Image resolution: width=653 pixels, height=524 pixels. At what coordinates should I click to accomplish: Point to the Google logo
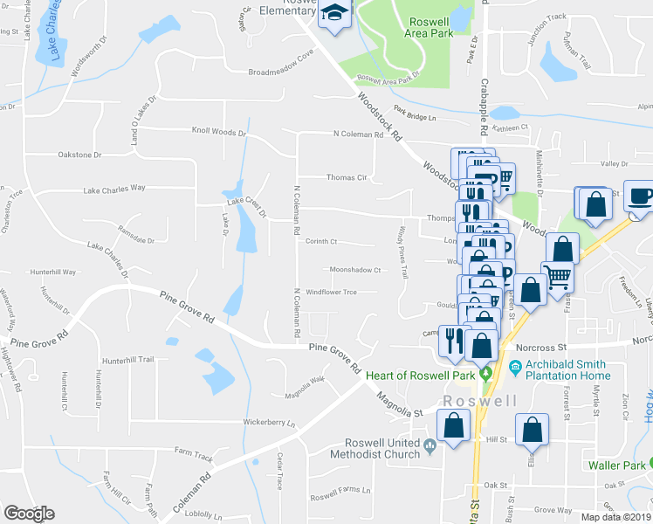pos(29,514)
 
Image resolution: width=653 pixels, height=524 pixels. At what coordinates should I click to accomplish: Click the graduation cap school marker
pos(335,14)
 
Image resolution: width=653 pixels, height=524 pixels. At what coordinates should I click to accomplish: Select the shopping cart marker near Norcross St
pos(557,277)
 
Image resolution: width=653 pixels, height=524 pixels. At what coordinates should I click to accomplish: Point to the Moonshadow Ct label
pos(354,270)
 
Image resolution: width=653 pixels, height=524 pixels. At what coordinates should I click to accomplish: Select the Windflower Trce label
pos(331,292)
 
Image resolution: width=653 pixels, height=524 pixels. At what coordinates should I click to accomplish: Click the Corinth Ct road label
pos(321,242)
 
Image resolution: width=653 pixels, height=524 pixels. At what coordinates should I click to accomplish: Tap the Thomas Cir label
pos(344,177)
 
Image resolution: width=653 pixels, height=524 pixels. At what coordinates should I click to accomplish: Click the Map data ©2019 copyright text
pos(615,517)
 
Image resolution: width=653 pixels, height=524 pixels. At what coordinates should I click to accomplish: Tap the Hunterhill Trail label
pos(127,359)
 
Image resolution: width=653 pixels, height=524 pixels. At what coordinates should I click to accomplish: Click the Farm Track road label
pos(193,456)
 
